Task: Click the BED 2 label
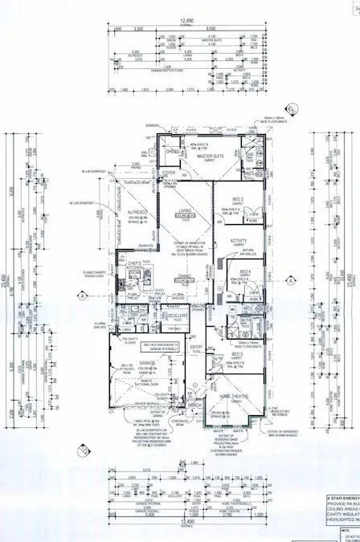238,199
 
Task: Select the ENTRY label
195,347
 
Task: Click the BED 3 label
237,353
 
